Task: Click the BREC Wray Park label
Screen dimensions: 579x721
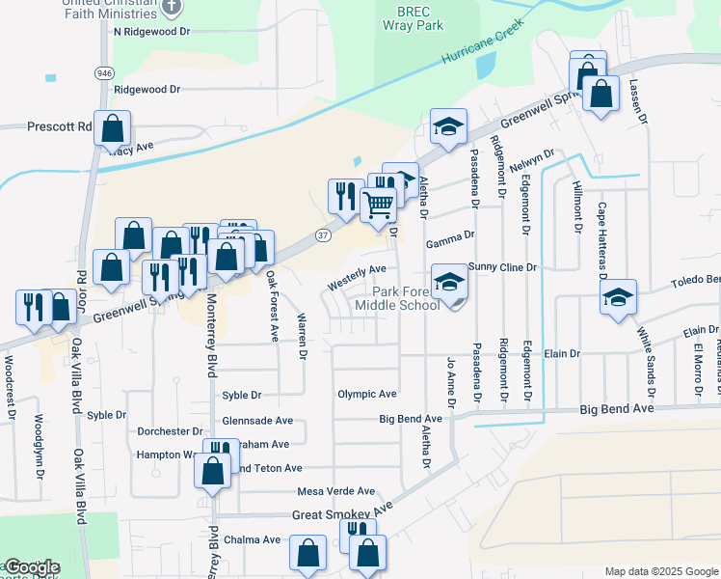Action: click(419, 17)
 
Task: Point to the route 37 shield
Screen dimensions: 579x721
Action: click(322, 235)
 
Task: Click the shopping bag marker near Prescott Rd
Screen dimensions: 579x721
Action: click(113, 127)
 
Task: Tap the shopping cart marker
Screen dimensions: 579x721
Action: click(378, 204)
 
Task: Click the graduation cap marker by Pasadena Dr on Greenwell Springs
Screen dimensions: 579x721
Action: click(448, 126)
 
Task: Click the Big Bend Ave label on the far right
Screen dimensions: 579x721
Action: click(616, 409)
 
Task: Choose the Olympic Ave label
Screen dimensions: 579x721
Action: click(366, 394)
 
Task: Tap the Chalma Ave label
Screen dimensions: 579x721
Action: click(252, 539)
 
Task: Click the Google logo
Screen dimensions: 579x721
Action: click(31, 567)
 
